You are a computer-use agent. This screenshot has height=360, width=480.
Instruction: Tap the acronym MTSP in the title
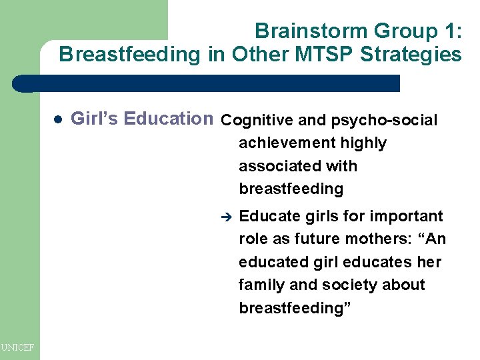[x=323, y=54]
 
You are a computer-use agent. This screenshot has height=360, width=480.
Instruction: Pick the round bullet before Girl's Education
[x=57, y=120]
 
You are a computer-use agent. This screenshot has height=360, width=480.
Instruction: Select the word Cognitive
[x=257, y=121]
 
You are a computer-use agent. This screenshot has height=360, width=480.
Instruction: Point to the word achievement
[x=287, y=143]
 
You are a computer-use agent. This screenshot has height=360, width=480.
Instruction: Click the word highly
[x=363, y=143]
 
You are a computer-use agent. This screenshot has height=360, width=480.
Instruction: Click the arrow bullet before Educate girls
[x=225, y=217]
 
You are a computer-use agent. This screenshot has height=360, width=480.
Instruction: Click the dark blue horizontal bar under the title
[x=207, y=83]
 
